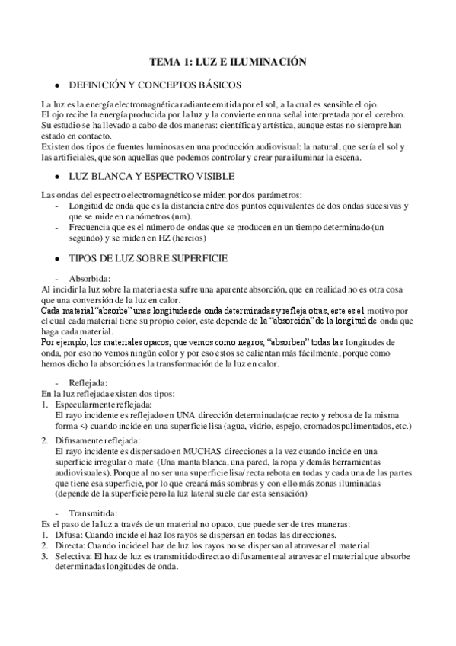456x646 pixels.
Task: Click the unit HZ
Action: coord(161,238)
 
